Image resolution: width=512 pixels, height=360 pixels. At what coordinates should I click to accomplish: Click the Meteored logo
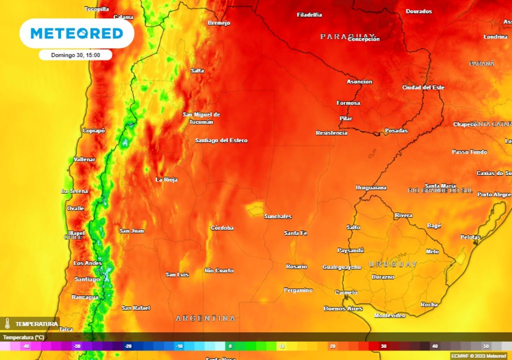point(76,33)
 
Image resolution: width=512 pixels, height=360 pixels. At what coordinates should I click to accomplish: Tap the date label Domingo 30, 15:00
point(75,55)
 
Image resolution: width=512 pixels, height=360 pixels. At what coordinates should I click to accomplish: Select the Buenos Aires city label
point(343,308)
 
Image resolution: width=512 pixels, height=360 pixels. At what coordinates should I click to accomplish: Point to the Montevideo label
point(389,315)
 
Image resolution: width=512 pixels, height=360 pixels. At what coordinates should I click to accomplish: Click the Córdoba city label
point(222,228)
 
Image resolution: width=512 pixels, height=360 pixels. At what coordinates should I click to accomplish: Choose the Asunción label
point(359,81)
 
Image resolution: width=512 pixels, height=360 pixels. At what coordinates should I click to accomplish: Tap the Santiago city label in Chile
point(87,279)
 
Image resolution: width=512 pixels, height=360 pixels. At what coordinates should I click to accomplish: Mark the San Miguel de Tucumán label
point(201,118)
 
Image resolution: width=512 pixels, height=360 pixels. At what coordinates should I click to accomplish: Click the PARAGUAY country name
point(340,36)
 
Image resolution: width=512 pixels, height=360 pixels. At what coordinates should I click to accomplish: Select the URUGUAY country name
point(392,264)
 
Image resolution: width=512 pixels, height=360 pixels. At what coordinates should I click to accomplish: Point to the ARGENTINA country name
point(205,318)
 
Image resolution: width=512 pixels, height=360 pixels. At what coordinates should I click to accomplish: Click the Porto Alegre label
point(494,194)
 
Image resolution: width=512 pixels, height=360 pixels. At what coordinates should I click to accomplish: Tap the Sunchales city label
point(277,216)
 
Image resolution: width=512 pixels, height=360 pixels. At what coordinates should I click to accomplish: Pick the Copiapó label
point(94,130)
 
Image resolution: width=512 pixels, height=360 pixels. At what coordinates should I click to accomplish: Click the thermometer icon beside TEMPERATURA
point(7,323)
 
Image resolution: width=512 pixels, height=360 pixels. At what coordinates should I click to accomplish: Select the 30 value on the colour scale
point(383,346)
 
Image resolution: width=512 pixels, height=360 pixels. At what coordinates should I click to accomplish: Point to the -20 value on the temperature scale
point(128,346)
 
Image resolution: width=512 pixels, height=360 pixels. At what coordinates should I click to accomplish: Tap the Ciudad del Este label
point(423,87)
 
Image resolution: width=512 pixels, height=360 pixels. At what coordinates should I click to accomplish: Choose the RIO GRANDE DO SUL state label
point(440,190)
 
